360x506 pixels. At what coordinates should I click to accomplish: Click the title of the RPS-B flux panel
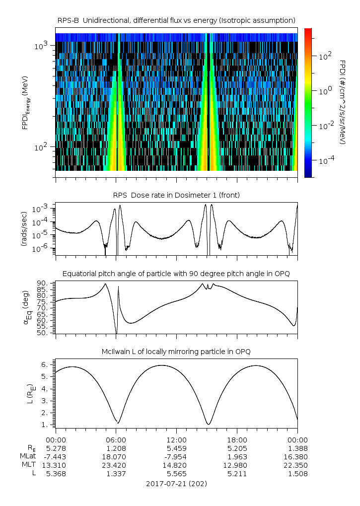[176, 20]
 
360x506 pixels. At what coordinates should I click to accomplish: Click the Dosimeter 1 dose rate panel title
[176, 195]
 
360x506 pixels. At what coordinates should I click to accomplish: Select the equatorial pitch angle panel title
[176, 274]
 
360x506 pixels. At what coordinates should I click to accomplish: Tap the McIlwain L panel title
[176, 352]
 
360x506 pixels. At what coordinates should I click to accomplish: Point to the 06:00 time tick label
[116, 440]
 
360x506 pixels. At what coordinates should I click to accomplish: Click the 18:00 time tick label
[237, 440]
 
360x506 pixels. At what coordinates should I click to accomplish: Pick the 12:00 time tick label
[176, 440]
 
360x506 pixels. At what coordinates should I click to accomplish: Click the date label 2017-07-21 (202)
[176, 483]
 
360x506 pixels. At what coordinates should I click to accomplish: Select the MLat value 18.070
[116, 457]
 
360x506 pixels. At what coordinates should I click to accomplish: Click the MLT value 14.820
[176, 465]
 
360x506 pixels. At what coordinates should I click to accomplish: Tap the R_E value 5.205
[237, 448]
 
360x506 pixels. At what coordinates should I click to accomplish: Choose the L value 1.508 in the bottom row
[297, 474]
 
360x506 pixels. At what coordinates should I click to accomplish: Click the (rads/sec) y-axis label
[24, 228]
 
